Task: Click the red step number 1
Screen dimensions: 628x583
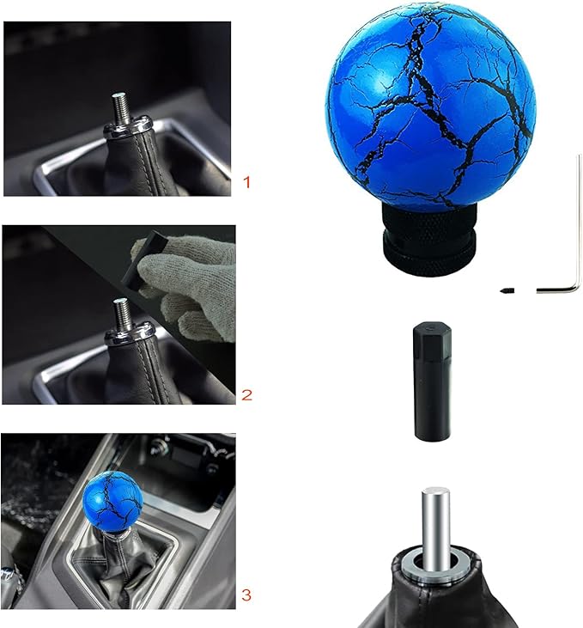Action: point(247,182)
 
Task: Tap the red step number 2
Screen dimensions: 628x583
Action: point(247,395)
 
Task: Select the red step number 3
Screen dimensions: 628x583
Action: point(247,594)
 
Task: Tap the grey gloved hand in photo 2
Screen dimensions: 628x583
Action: point(189,279)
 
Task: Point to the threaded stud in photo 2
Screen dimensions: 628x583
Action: point(122,314)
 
